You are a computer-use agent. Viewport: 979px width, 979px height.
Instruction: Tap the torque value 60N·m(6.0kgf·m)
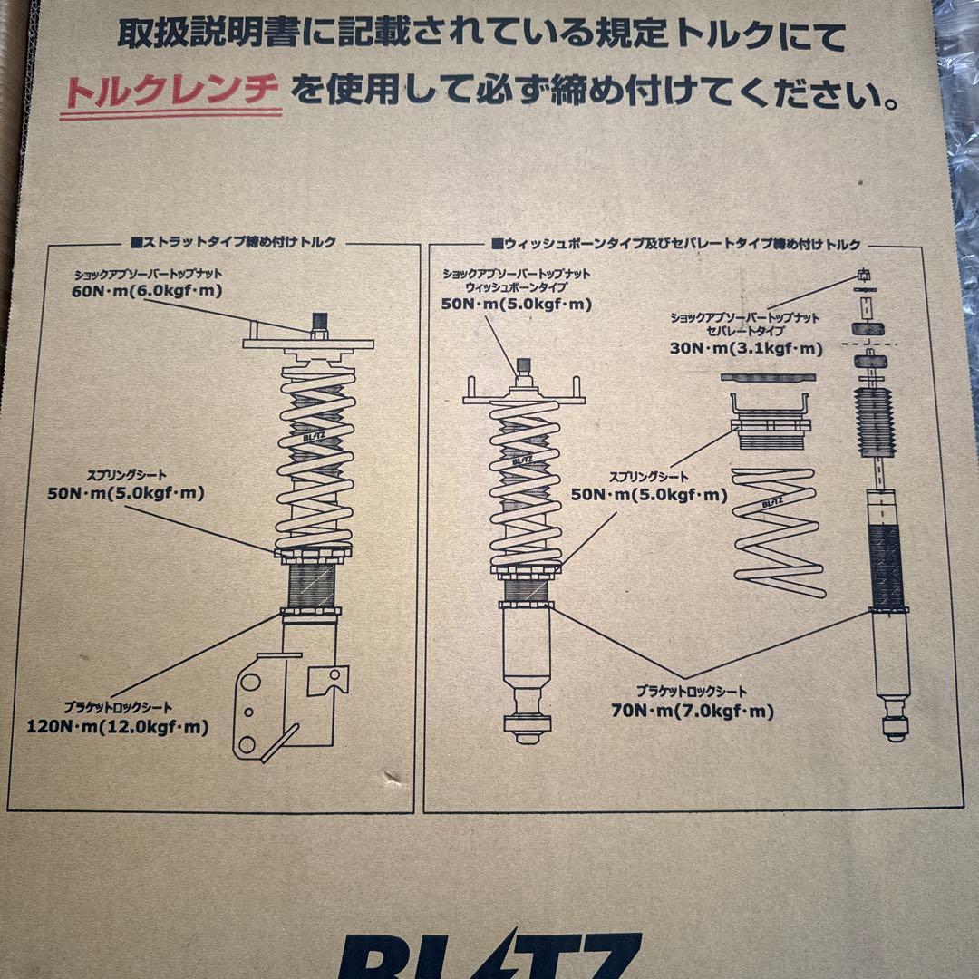(147, 291)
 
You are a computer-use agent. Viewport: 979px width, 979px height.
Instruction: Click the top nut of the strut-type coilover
(319, 324)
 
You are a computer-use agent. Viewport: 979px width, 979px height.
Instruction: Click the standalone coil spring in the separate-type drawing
(778, 530)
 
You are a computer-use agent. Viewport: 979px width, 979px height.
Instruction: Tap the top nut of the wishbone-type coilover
(522, 367)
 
